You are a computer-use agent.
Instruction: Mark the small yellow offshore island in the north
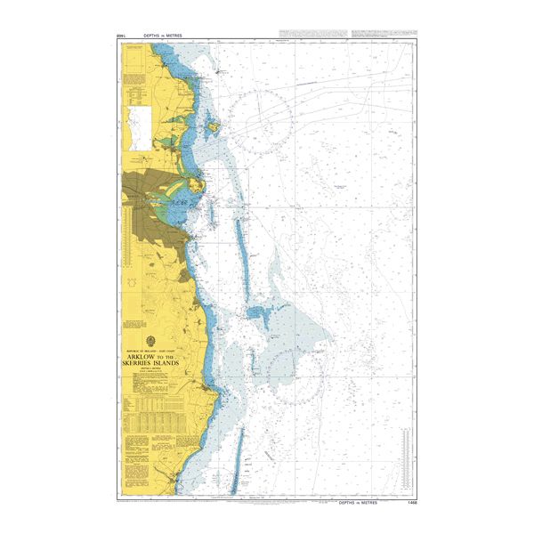click(x=213, y=126)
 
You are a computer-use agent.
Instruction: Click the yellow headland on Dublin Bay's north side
click(x=202, y=186)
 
